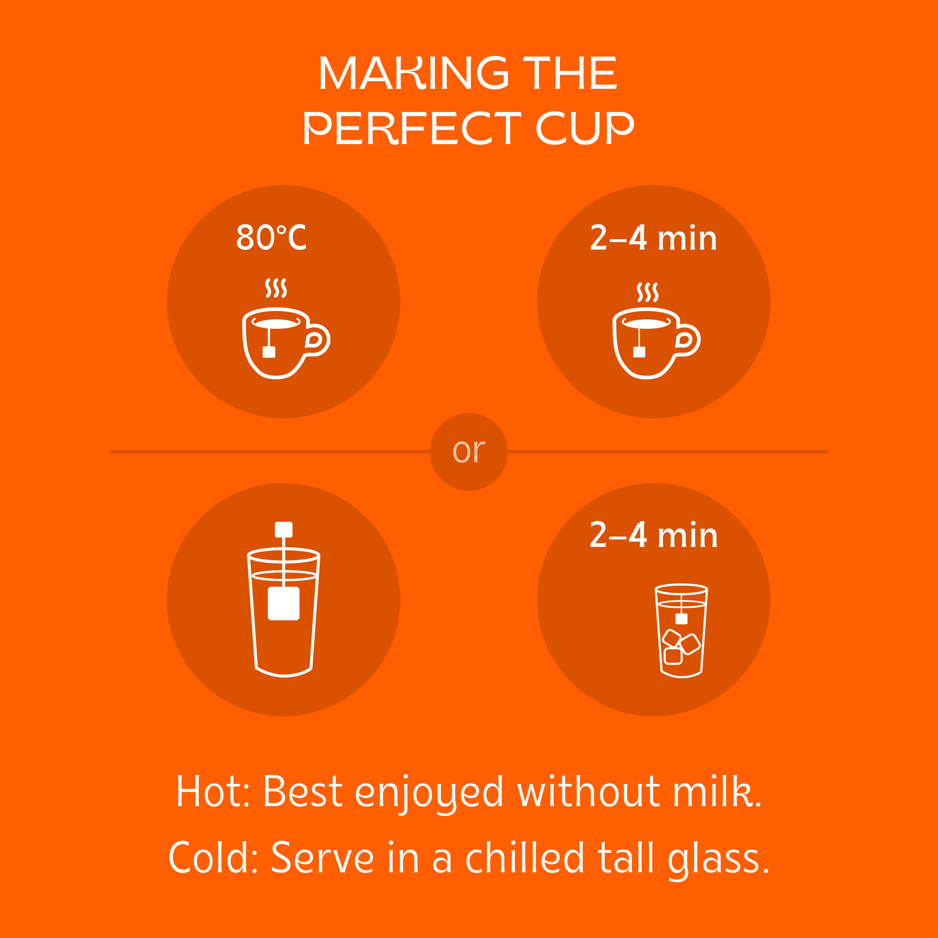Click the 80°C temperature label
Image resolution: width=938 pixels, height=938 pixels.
point(271,237)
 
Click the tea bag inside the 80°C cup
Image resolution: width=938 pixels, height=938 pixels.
point(269,352)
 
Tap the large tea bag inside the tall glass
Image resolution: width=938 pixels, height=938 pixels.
point(284,603)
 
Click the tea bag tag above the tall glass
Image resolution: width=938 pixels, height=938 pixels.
point(284,529)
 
